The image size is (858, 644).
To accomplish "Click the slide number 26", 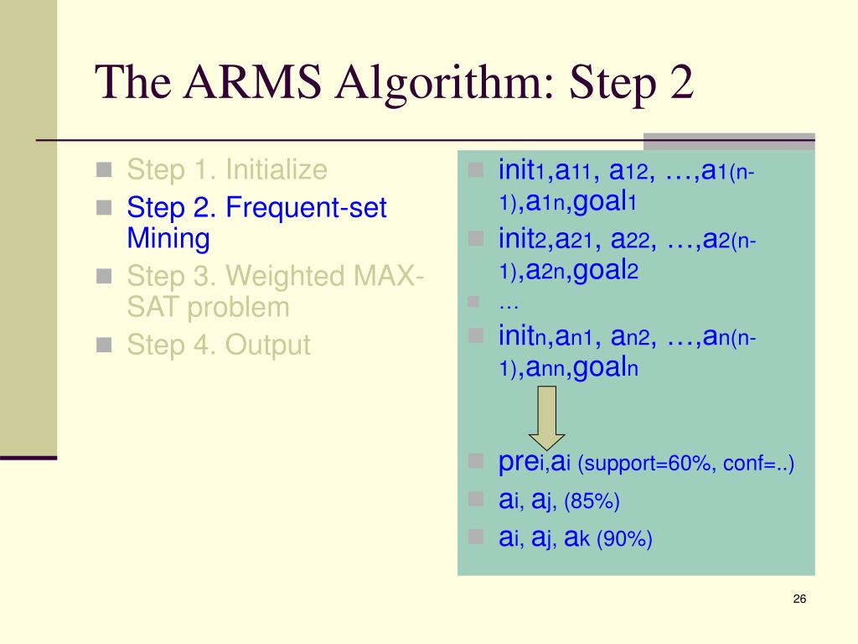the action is coord(799,599).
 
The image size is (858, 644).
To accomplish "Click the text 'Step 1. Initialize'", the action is coord(226,170).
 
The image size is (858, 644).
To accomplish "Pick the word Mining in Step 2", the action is coord(168,239).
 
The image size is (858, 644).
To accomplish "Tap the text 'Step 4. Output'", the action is coord(218,345).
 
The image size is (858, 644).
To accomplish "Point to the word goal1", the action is coord(602,203).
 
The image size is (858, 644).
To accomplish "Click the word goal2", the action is coord(602,272).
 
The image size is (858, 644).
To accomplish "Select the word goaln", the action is coord(602,368).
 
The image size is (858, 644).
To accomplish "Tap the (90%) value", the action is coord(624,539).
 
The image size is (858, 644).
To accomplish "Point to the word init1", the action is coord(522,172).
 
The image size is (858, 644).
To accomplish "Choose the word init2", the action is coord(522,241).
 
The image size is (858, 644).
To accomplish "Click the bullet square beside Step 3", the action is coord(104,276).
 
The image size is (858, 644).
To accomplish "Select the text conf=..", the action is coord(757,464).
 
